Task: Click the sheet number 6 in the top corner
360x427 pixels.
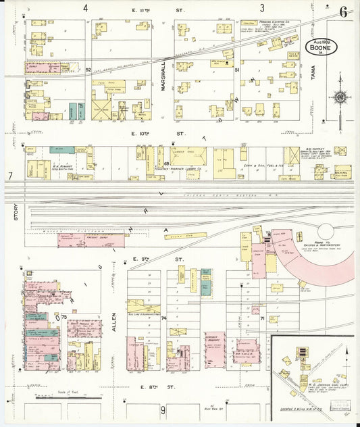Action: (344, 12)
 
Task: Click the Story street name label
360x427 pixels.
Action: (15, 216)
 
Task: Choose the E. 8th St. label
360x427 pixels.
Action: (157, 386)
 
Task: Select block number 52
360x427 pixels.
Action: (88, 70)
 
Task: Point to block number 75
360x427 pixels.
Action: (64, 316)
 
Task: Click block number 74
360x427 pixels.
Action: (163, 318)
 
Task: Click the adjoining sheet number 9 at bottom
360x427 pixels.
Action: (163, 410)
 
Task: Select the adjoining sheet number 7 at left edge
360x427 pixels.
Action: (10, 176)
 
